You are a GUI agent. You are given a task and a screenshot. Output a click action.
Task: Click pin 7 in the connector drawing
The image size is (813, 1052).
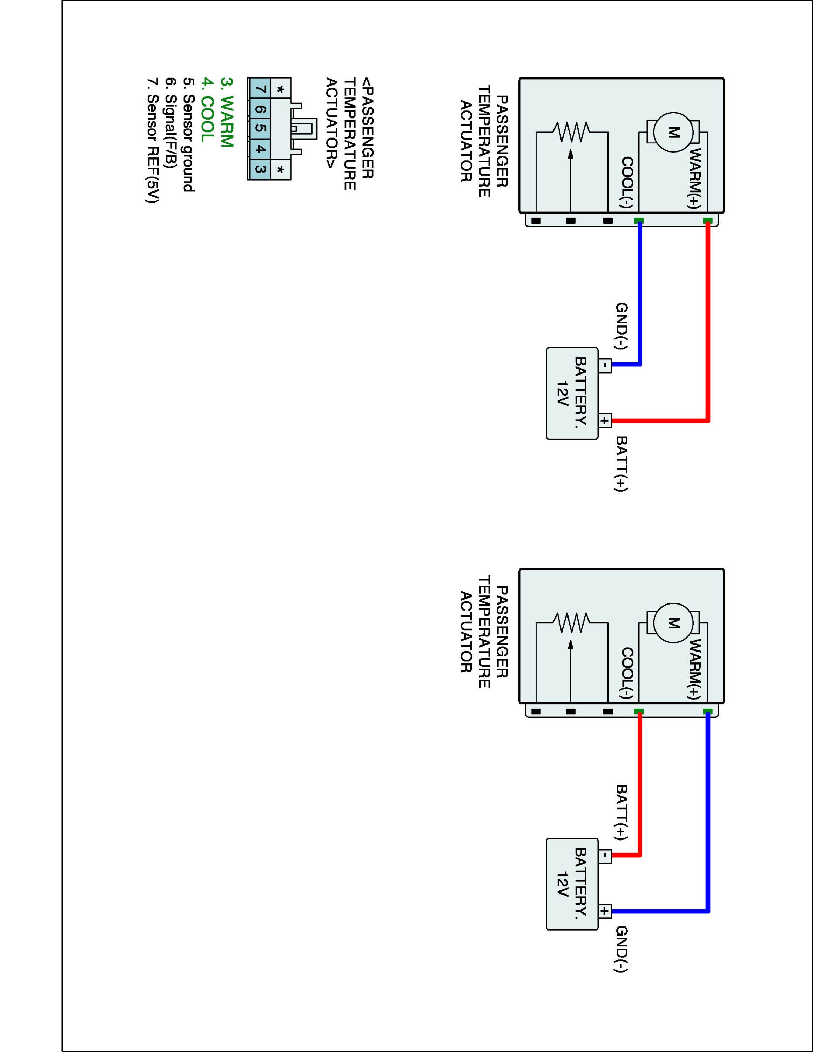tap(260, 89)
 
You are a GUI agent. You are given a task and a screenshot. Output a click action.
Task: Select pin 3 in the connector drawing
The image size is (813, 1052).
tap(260, 169)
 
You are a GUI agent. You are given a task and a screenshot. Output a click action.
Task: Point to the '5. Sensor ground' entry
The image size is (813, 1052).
tap(189, 135)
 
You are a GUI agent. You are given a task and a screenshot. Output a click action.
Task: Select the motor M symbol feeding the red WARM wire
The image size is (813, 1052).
tap(674, 133)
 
